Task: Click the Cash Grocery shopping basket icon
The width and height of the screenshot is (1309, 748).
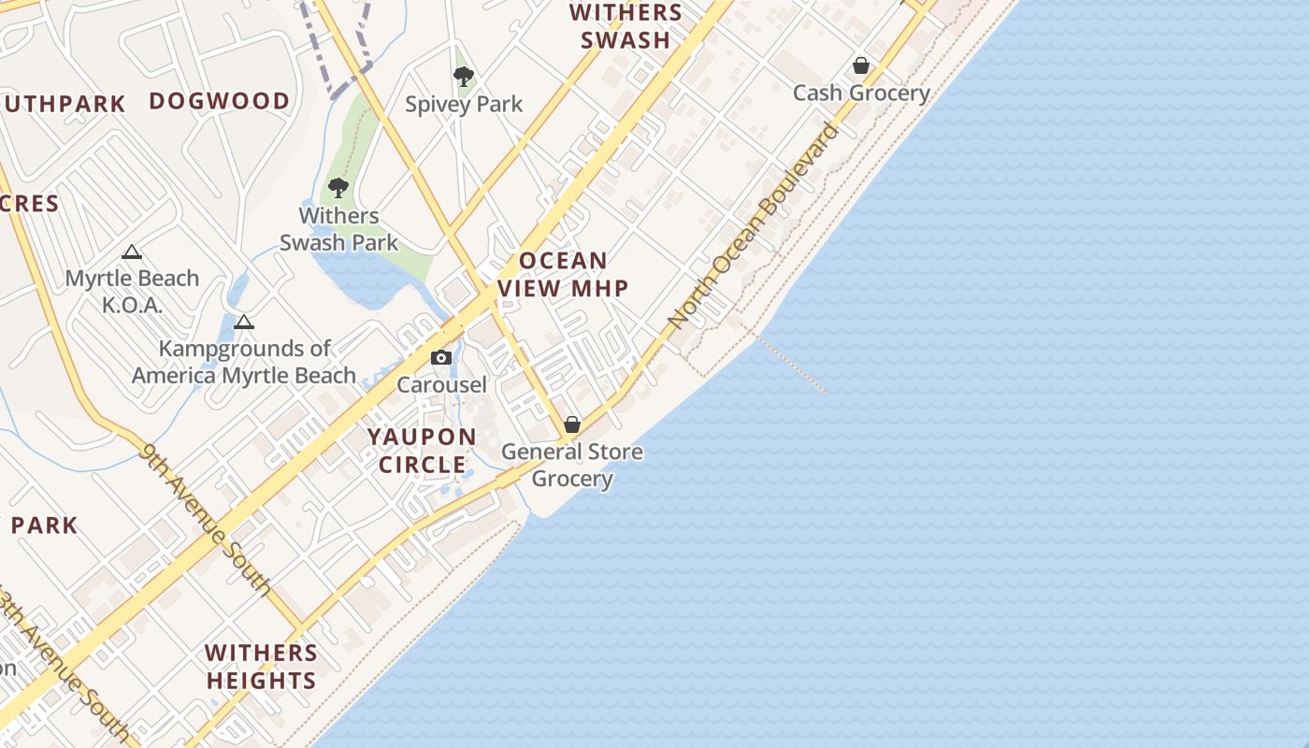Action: [860, 66]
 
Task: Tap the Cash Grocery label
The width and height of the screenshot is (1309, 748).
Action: [861, 93]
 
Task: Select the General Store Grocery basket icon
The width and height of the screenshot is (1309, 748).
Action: [572, 425]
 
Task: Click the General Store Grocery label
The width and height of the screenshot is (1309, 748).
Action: [572, 465]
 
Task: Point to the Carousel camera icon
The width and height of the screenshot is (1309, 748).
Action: [441, 357]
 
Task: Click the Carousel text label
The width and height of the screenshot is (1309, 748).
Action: [441, 384]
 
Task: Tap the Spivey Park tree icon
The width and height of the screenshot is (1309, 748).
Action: [463, 77]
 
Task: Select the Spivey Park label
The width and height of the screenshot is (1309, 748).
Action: [464, 104]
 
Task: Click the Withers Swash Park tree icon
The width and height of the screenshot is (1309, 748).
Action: [338, 188]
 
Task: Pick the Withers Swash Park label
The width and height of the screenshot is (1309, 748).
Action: [338, 229]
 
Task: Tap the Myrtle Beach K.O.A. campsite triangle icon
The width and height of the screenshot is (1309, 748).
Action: [132, 252]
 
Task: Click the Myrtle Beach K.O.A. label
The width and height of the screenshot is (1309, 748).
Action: [132, 291]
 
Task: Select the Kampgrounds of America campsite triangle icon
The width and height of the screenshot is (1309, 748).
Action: [244, 323]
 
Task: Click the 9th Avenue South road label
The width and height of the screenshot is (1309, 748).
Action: [206, 520]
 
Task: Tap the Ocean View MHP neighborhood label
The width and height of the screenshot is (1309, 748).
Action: [563, 274]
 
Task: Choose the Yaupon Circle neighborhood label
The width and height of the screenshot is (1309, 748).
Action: [422, 451]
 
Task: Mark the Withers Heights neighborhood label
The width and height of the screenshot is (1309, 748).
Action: [262, 666]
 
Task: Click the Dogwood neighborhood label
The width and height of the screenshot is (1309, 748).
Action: [220, 101]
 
